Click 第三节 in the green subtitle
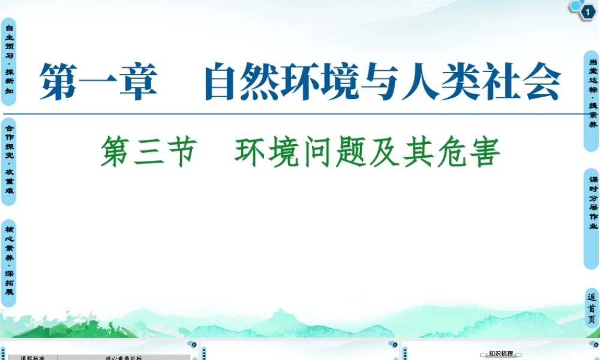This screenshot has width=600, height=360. click(148, 152)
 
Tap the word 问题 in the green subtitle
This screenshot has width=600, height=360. click(332, 152)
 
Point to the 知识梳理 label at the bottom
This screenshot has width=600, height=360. click(500, 355)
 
